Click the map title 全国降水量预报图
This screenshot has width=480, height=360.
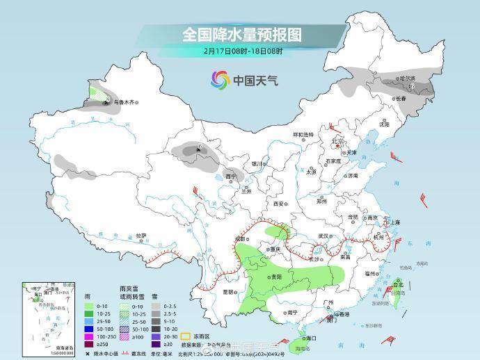(242, 34)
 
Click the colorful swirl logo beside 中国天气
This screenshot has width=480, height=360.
(221, 80)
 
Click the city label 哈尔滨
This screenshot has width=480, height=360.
(406, 79)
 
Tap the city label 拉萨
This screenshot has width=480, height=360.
(141, 236)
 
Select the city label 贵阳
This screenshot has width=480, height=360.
(277, 277)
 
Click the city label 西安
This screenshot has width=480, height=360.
(279, 204)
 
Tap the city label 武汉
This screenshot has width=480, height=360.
(322, 236)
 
